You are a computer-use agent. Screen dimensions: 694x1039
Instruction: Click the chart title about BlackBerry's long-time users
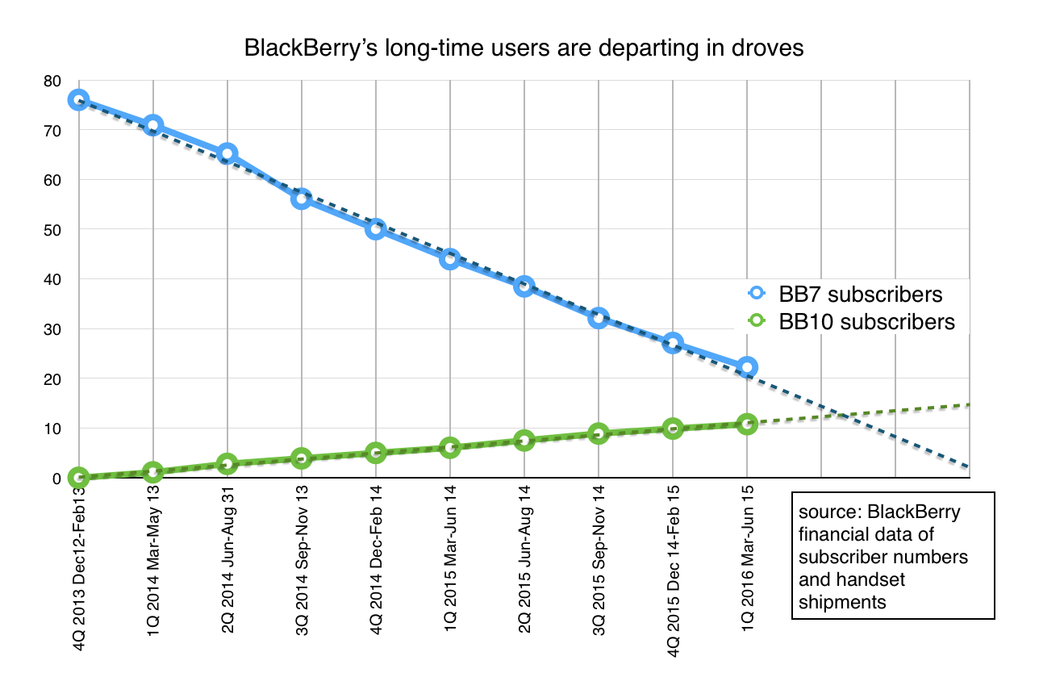point(524,48)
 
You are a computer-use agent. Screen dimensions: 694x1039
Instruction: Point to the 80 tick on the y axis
point(52,81)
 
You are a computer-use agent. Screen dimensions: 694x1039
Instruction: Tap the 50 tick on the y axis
point(52,230)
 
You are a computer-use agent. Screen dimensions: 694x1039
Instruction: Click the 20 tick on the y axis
point(52,379)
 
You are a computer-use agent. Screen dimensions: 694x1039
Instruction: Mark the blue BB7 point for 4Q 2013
point(78,100)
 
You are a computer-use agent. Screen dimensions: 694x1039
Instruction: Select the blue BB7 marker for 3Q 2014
point(302,199)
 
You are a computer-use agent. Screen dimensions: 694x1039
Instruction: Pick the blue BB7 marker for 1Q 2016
point(747,367)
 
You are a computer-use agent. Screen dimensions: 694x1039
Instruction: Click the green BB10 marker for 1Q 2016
point(747,424)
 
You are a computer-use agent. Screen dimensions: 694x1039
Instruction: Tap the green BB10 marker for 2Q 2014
point(227,464)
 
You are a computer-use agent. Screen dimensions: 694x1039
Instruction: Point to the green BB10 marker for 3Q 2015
point(599,433)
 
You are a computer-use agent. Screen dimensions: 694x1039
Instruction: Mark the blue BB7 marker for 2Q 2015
point(524,286)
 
